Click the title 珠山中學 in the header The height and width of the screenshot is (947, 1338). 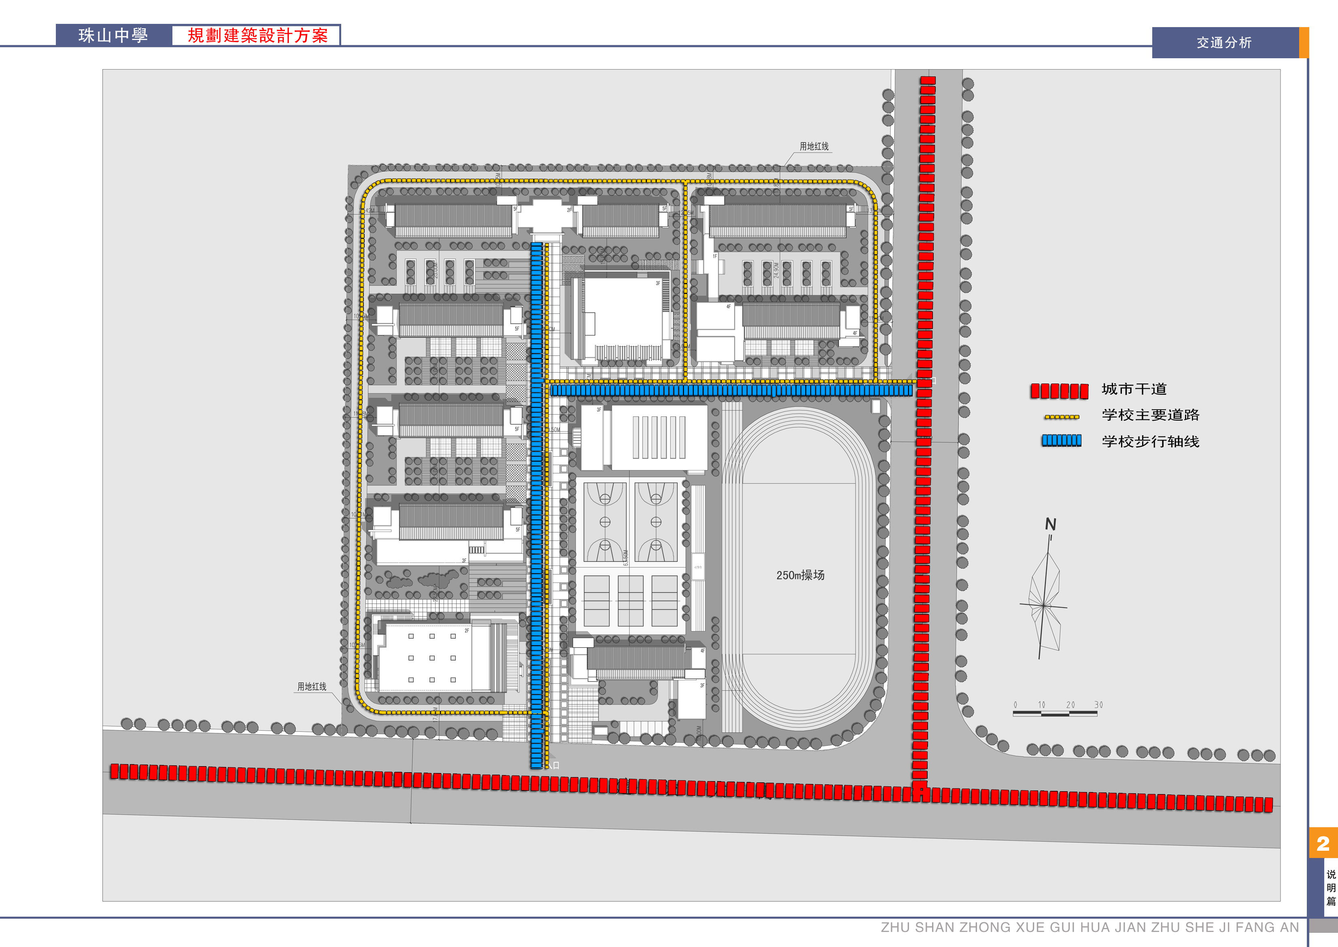tap(113, 36)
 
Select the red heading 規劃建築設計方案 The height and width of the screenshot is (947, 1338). tap(257, 36)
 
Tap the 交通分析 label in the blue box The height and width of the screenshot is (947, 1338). tap(1224, 42)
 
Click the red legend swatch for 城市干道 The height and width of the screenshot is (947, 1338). tap(1059, 391)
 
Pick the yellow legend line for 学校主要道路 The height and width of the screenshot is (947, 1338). tap(1062, 417)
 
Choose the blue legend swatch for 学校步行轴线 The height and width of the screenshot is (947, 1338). tap(1062, 441)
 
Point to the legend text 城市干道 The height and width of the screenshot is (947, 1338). tap(1134, 389)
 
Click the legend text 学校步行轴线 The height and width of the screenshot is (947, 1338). tap(1150, 441)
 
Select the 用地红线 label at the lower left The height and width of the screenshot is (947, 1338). tap(312, 687)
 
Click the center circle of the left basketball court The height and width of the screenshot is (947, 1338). tap(605, 522)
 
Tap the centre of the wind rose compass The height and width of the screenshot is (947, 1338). tap(1043, 606)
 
